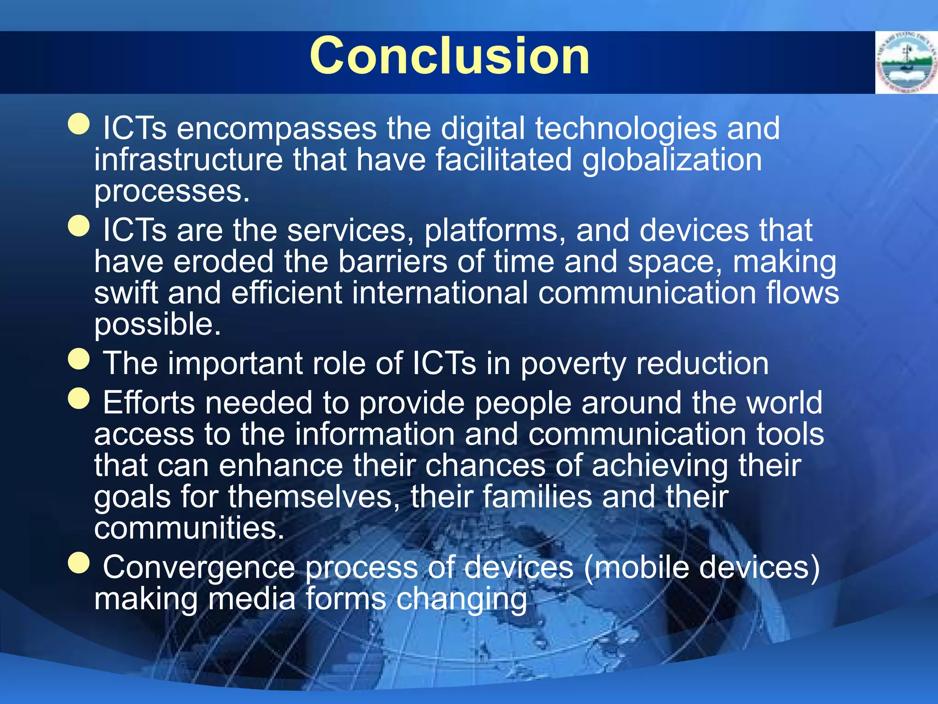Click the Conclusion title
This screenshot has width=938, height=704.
tap(450, 56)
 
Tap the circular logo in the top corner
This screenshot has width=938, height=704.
tap(906, 63)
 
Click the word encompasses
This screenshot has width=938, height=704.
tap(276, 128)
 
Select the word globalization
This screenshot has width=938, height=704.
tap(672, 160)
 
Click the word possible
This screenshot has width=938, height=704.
tap(157, 325)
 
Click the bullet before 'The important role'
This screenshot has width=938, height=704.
tap(79, 359)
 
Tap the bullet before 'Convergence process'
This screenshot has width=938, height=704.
tap(79, 562)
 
